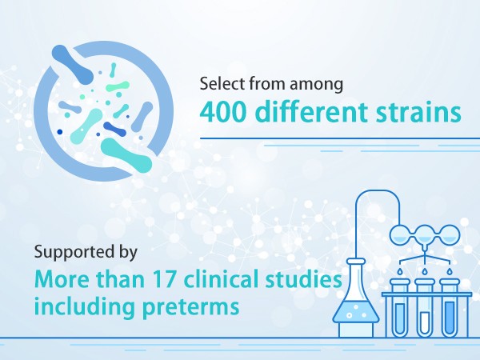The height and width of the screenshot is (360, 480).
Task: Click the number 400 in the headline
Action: pyautogui.click(x=223, y=112)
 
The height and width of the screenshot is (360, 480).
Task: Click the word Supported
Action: pyautogui.click(x=73, y=254)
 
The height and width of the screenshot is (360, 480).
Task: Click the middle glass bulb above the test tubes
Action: pyautogui.click(x=425, y=235)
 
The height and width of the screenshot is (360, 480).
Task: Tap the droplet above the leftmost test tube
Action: pyautogui.click(x=401, y=271)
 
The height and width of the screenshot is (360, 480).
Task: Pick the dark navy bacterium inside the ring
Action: pyautogui.click(x=114, y=129)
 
